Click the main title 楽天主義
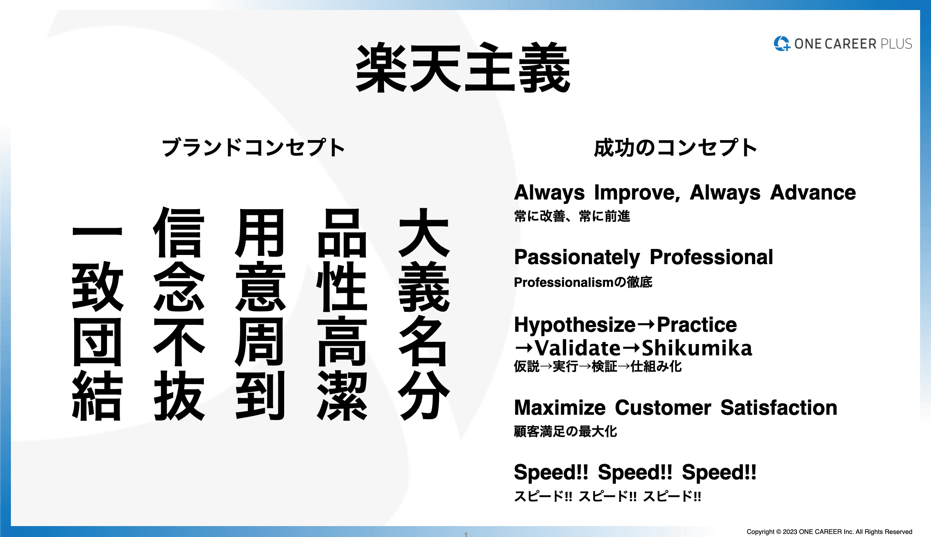463,68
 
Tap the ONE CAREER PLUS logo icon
782,43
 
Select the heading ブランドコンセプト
253,148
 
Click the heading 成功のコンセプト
675,148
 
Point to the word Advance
813,193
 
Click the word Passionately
577,258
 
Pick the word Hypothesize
575,325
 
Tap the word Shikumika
697,348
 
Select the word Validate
577,348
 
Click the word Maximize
560,408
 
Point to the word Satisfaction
779,408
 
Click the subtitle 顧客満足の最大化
566,431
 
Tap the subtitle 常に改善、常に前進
572,216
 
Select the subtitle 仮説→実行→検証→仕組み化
598,366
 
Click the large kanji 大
424,232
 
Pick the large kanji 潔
342,396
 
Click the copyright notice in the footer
829,532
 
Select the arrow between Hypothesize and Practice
646,324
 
